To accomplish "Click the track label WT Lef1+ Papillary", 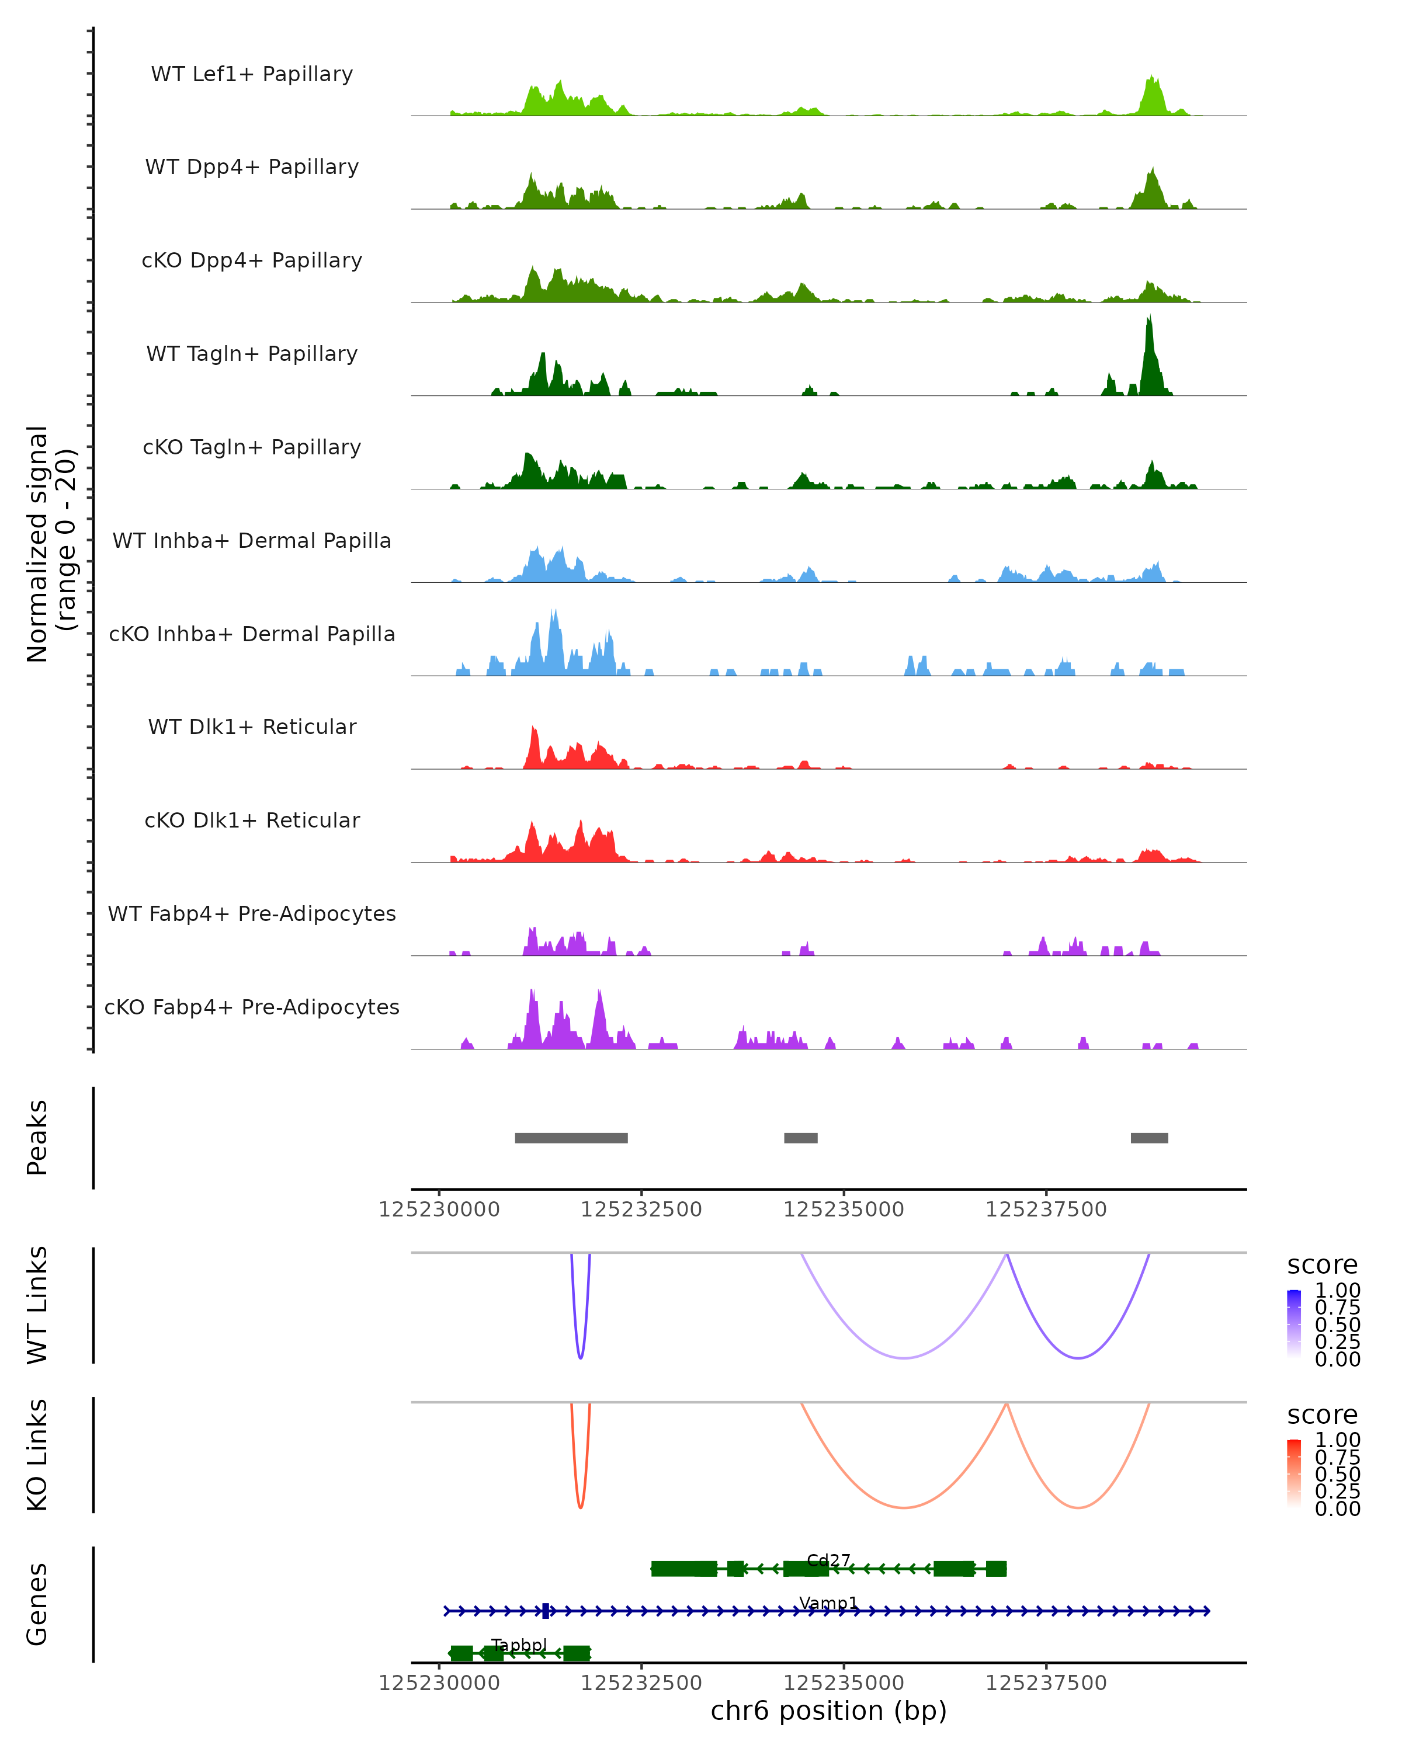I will pos(252,74).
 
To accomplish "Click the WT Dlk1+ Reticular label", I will pos(252,726).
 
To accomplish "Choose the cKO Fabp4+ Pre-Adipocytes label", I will pos(252,1007).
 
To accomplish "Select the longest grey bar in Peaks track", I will pos(571,1138).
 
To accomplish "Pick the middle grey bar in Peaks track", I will pos(800,1138).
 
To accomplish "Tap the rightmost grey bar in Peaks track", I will pos(1149,1138).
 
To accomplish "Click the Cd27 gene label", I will pos(828,1560).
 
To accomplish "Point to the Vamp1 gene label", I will pos(828,1603).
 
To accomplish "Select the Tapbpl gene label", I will pos(519,1645).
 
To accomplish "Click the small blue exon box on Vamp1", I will pos(546,1611).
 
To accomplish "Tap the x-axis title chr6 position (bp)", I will pos(828,1711).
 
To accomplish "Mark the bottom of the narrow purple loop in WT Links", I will pos(580,1357).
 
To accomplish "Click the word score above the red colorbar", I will pos(1323,1415).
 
